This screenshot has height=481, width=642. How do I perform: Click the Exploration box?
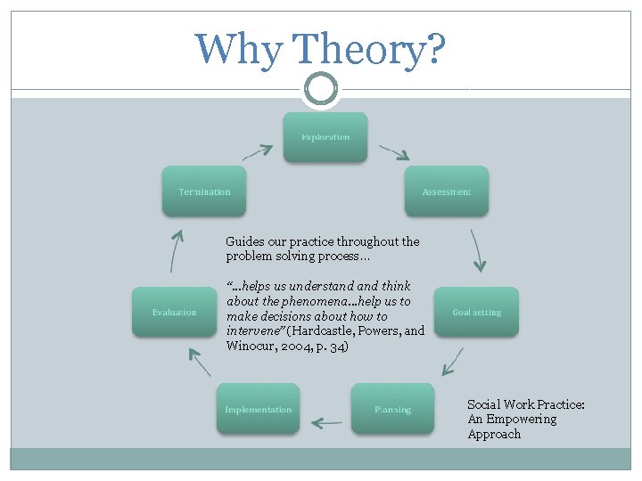[325, 137]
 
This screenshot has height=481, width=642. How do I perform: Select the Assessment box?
[447, 191]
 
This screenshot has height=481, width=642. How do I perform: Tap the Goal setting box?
[476, 312]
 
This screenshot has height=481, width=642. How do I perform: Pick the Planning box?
[392, 409]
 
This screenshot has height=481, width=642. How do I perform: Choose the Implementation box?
[258, 409]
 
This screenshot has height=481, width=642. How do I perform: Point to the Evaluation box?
[174, 312]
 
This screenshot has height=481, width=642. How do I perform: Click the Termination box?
[204, 191]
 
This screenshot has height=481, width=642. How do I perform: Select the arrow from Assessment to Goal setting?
[479, 250]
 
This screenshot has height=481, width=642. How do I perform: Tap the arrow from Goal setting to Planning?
[453, 360]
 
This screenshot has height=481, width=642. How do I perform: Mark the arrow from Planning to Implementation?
[326, 422]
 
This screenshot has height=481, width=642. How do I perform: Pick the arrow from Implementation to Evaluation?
[200, 360]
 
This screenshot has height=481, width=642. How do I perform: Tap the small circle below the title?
[321, 89]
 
